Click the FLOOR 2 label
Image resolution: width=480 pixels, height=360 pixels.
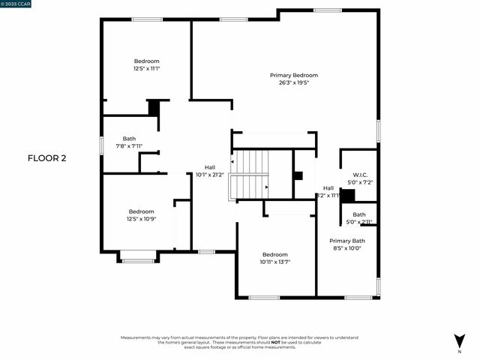pyautogui.click(x=47, y=158)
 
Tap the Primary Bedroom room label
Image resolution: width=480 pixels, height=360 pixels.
pyautogui.click(x=294, y=75)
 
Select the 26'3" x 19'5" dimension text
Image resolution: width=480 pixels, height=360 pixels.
pyautogui.click(x=294, y=82)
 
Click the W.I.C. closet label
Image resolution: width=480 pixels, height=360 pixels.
pyautogui.click(x=359, y=174)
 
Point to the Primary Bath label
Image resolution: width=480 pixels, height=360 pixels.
pyautogui.click(x=346, y=241)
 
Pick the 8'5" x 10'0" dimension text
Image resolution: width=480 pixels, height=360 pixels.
pyautogui.click(x=346, y=248)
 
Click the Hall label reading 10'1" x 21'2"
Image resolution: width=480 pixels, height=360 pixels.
pyautogui.click(x=210, y=167)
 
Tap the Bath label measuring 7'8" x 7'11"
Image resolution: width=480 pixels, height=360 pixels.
pyautogui.click(x=130, y=139)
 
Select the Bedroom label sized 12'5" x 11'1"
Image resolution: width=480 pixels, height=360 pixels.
pyautogui.click(x=147, y=61)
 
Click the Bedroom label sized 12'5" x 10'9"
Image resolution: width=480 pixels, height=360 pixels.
pyautogui.click(x=141, y=211)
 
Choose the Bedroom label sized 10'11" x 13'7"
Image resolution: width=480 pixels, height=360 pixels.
pyautogui.click(x=274, y=255)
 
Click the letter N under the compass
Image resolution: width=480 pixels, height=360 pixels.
pyautogui.click(x=458, y=351)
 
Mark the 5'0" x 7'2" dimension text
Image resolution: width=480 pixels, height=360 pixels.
pyautogui.click(x=359, y=181)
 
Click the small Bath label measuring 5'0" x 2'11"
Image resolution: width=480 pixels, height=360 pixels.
pyautogui.click(x=359, y=214)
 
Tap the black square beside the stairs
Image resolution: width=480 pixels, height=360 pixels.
pyautogui.click(x=298, y=177)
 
